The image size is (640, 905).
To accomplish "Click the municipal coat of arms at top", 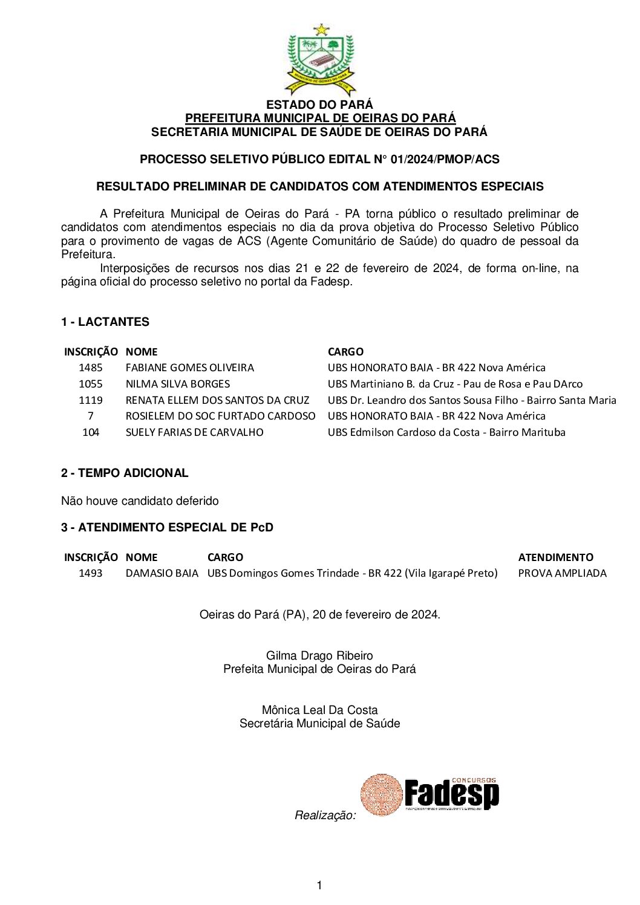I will [319, 59].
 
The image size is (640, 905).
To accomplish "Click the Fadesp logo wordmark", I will [451, 794].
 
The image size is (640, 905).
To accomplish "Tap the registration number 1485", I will [91, 368].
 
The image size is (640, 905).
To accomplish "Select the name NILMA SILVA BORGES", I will [178, 384].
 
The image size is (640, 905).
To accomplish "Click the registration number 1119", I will [91, 400].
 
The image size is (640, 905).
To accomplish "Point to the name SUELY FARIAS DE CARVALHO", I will [194, 432].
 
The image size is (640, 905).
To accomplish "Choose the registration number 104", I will [91, 432].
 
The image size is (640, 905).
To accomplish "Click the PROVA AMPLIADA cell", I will [562, 573].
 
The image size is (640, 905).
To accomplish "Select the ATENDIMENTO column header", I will [555, 557].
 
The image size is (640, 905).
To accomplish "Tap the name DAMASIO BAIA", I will [162, 573].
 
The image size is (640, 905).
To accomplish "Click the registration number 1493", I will [91, 573].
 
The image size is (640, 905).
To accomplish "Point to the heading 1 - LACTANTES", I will [105, 322].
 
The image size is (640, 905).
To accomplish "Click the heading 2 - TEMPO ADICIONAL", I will [125, 473].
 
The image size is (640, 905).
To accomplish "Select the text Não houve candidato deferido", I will [140, 501].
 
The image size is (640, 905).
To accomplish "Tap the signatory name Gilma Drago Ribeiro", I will [319, 656].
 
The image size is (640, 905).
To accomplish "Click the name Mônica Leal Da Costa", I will [319, 710].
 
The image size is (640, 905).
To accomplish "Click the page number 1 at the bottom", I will [319, 886].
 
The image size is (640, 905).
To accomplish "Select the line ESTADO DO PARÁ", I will [319, 105].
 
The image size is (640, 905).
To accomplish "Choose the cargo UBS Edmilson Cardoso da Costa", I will [446, 432].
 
